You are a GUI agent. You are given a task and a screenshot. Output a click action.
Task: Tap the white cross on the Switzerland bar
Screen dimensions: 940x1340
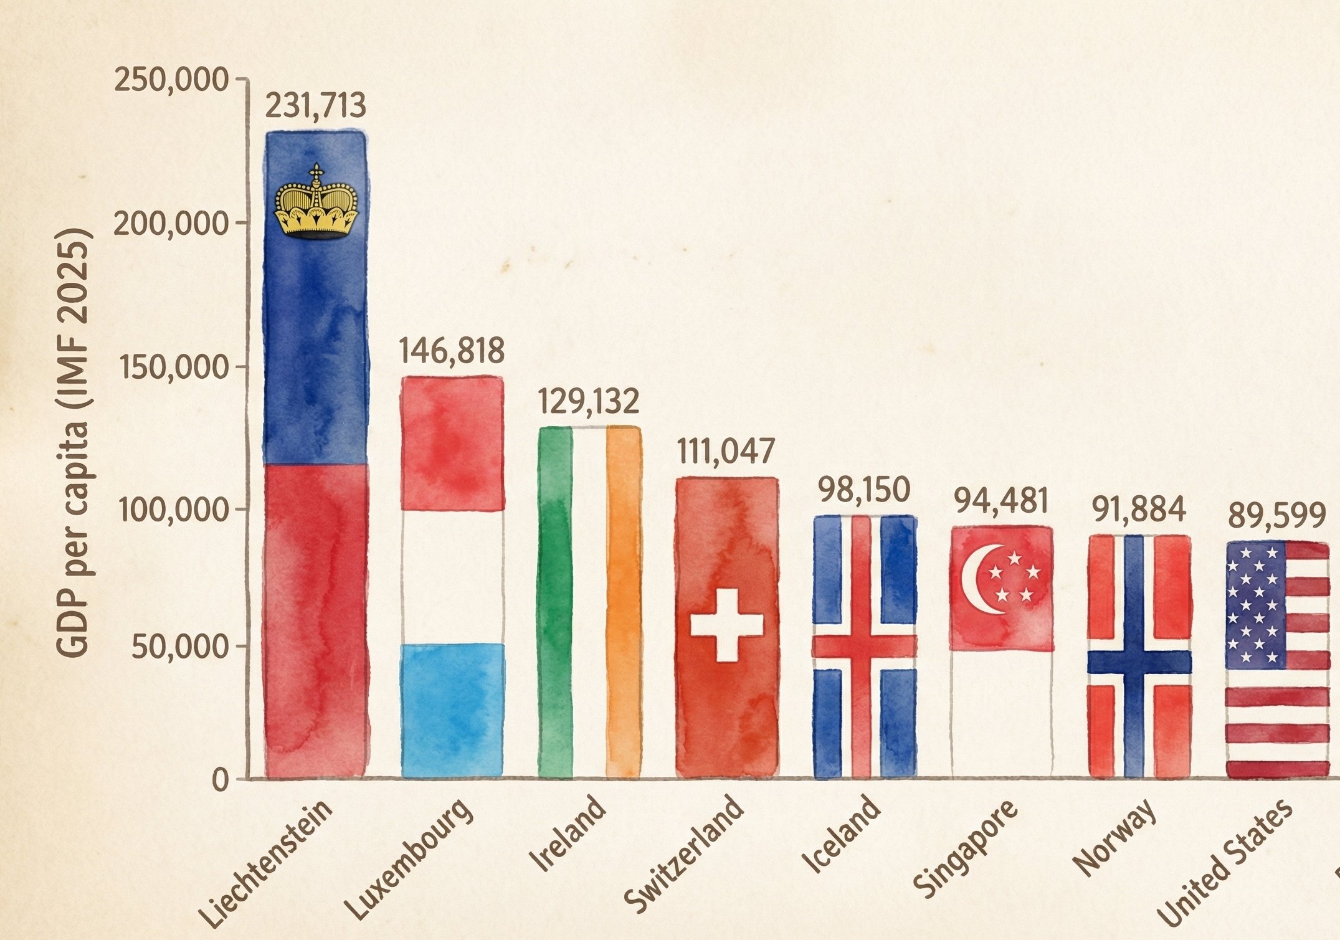point(726,625)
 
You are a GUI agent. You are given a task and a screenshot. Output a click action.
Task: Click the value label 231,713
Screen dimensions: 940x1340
point(315,107)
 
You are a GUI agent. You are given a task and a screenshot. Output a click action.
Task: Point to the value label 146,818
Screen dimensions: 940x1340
point(451,351)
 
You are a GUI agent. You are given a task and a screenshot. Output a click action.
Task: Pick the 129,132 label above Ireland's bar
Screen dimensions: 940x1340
point(589,402)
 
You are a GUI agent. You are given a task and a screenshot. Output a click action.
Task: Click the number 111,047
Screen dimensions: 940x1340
point(726,452)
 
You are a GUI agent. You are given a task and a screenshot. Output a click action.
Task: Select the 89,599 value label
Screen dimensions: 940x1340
point(1276,516)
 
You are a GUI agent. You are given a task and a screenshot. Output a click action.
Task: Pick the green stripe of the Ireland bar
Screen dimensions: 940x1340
point(554,601)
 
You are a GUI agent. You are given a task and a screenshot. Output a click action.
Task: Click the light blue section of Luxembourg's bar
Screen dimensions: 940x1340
point(452,710)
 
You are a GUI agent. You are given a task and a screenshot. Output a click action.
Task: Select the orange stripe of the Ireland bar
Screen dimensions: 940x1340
point(624,601)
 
